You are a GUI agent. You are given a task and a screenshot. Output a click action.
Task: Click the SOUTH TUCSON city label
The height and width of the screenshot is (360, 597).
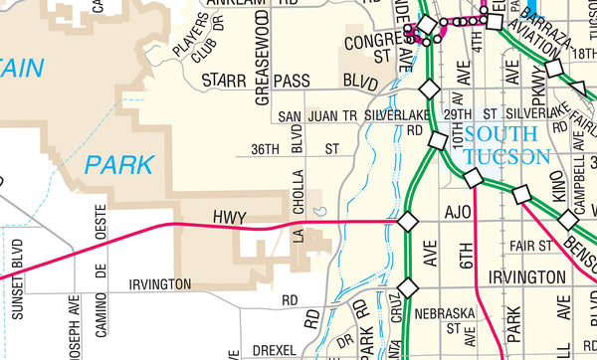coord(506,145)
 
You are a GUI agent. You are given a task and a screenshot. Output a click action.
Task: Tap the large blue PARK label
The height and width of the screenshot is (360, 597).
coord(119,164)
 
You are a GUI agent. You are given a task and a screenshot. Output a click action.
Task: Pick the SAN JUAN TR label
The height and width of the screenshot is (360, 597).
coord(316,115)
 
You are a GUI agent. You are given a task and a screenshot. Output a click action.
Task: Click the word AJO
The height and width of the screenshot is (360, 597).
coord(458,213)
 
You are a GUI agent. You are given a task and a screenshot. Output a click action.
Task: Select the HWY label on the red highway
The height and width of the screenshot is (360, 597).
coord(228,216)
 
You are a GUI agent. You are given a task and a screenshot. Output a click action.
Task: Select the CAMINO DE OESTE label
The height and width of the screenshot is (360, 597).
coord(99,253)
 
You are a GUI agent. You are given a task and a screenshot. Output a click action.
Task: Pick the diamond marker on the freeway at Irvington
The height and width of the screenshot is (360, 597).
coord(406,288)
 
